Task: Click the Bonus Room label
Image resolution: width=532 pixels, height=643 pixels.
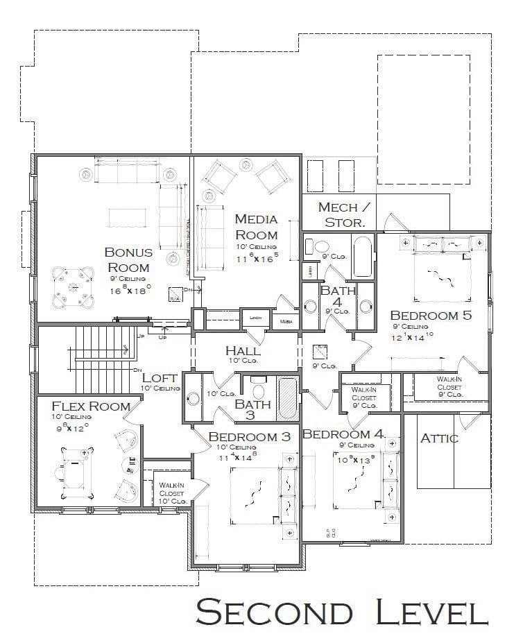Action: pos(127,259)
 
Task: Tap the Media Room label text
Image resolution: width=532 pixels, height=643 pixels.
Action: pos(256,227)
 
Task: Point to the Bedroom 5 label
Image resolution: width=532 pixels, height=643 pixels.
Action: pos(431,315)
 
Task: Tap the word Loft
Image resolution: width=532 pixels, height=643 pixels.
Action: pos(160,378)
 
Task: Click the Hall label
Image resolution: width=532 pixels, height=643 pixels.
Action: pos(243,350)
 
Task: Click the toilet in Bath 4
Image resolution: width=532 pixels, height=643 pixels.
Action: pos(322,246)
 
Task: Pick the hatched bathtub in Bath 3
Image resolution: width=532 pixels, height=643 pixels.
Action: pos(287,398)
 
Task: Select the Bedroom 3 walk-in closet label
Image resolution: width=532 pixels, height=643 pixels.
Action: pos(171,492)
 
